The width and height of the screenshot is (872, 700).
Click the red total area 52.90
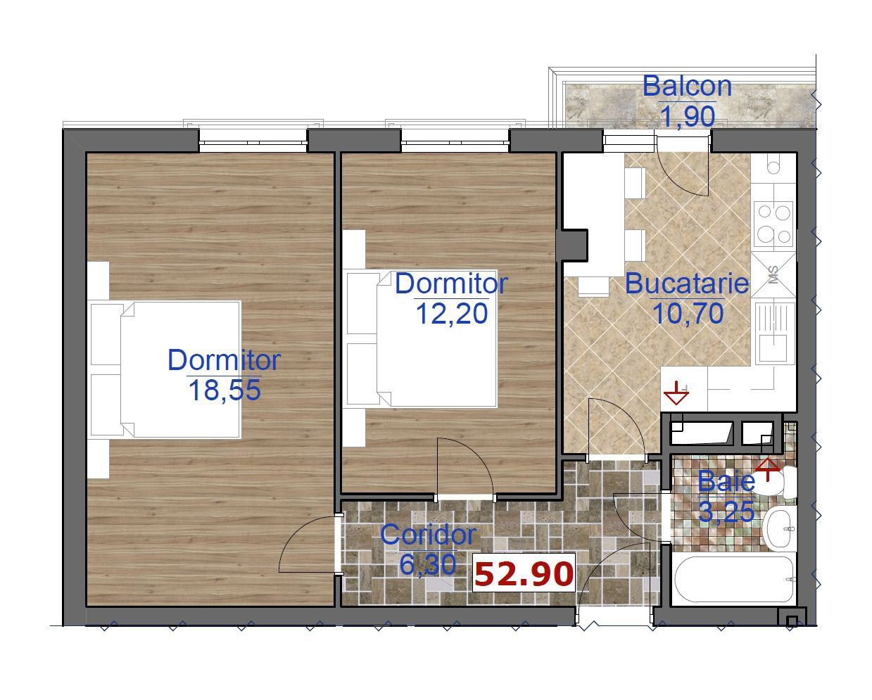524,574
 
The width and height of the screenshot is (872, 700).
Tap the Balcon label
687,87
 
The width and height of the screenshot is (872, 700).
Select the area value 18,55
225,390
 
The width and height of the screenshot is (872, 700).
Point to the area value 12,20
452,314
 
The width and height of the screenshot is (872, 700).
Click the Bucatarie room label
687,284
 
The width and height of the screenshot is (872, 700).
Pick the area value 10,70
688,313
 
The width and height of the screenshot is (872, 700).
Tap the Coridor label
429,535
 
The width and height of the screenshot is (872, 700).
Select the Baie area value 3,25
726,511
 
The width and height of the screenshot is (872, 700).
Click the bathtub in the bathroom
734,580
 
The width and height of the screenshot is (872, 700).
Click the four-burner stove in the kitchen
773,225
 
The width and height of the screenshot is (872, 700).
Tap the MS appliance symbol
773,274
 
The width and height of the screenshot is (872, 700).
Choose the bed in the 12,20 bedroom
422,338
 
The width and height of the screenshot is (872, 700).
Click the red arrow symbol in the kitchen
676,393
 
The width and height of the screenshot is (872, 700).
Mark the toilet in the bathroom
782,482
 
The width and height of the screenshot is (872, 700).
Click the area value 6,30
428,564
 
